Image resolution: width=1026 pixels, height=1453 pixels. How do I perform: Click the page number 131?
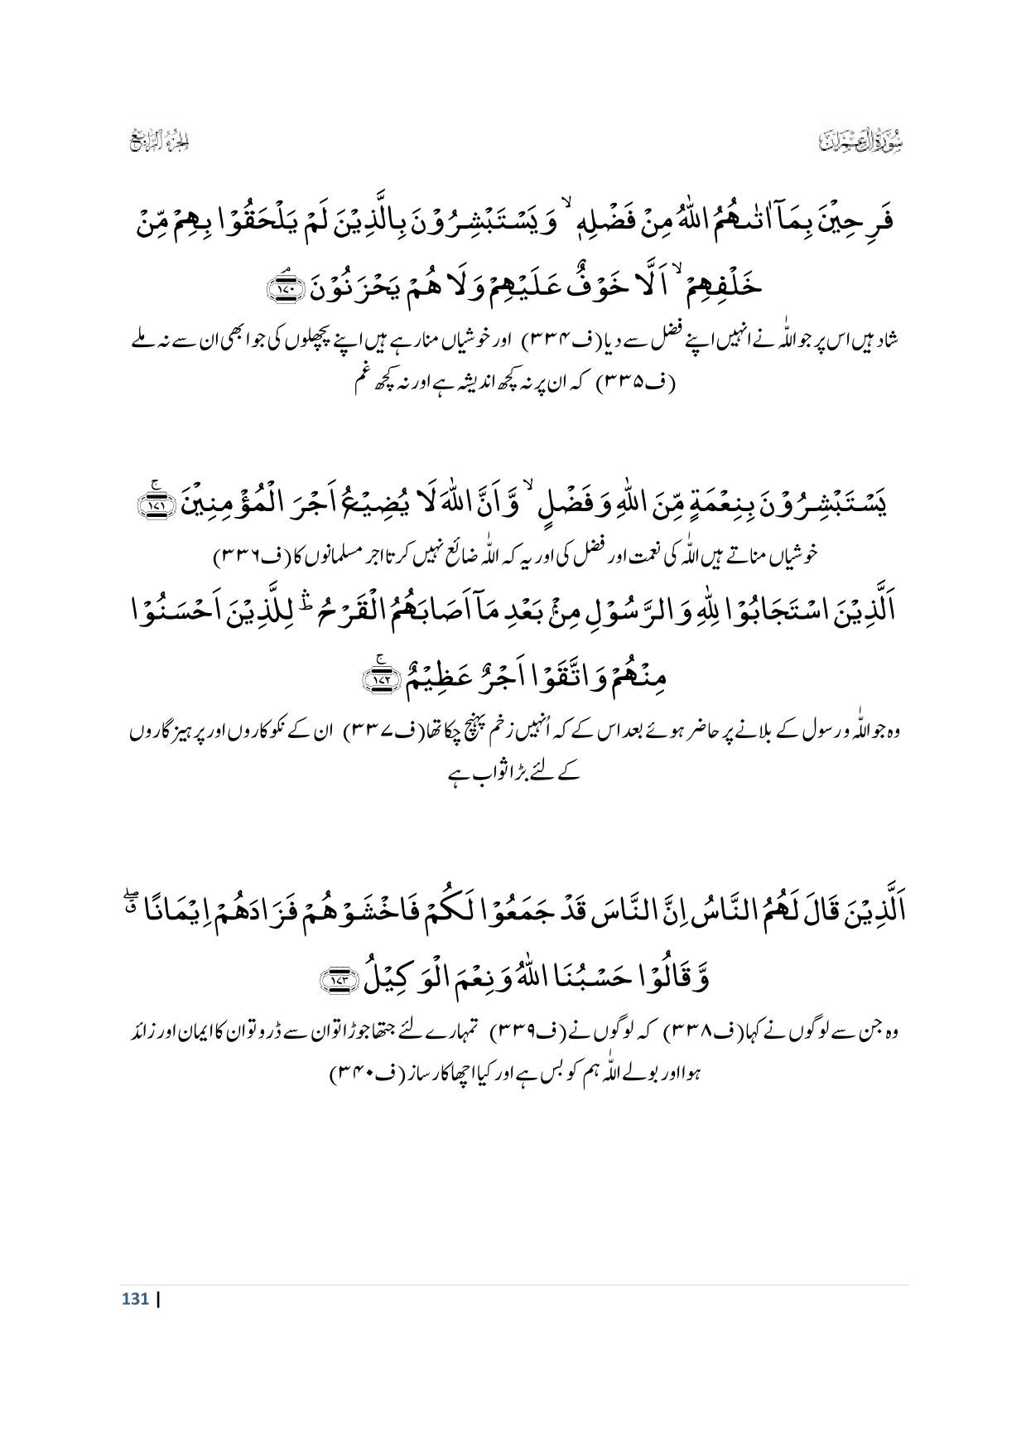pyautogui.click(x=134, y=1298)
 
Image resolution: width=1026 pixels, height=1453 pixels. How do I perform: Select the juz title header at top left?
pyautogui.click(x=160, y=141)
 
